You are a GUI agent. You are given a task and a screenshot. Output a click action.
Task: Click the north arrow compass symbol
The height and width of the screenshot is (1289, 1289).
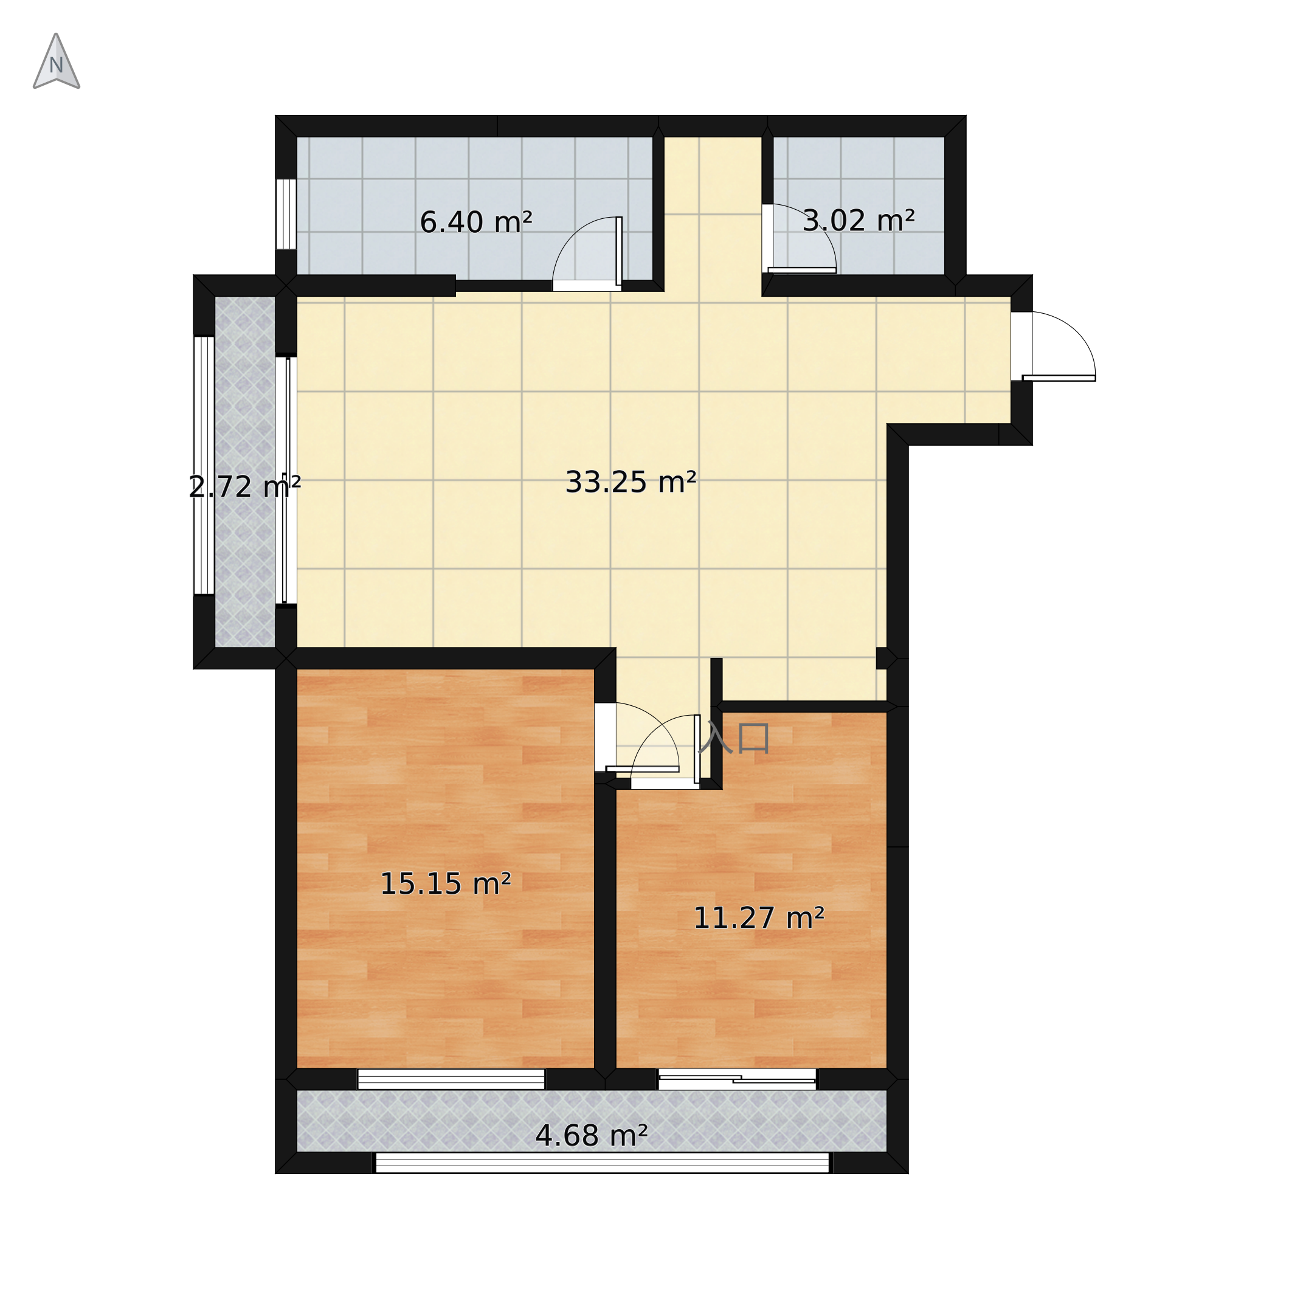click(x=57, y=61)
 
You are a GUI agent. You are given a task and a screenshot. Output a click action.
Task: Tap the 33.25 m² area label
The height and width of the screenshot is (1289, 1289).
click(x=631, y=482)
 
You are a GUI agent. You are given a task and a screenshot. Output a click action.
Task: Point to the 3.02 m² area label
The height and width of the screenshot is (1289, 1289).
click(x=858, y=221)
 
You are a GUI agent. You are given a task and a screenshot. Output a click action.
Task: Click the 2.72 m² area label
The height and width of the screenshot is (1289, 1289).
click(x=245, y=487)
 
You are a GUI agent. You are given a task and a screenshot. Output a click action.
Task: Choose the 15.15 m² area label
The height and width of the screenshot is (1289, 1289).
click(x=446, y=884)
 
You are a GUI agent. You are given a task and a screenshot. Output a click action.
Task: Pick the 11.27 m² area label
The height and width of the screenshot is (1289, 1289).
click(x=759, y=919)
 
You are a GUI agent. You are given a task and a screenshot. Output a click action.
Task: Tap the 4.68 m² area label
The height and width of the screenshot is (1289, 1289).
click(x=591, y=1136)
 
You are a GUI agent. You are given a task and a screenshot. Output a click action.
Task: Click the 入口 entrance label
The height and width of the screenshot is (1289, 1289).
click(x=734, y=739)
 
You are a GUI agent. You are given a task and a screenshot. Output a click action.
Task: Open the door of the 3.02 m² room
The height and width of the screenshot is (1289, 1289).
click(x=798, y=238)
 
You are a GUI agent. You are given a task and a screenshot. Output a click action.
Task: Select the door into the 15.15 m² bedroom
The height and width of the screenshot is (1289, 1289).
click(x=637, y=738)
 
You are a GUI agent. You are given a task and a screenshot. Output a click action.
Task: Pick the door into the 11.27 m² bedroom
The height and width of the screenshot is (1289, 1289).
click(x=666, y=752)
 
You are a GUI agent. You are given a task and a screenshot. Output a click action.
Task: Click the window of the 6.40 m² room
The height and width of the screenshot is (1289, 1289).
click(x=286, y=214)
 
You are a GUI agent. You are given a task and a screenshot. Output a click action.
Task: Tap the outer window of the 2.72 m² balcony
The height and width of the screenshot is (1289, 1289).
click(x=204, y=465)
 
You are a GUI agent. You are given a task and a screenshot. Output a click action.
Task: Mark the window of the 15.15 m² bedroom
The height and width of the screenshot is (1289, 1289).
click(x=451, y=1079)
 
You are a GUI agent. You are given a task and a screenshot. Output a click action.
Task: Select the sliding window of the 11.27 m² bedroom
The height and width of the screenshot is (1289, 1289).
click(x=738, y=1079)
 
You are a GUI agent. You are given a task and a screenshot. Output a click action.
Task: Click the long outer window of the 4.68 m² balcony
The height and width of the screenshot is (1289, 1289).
click(x=603, y=1163)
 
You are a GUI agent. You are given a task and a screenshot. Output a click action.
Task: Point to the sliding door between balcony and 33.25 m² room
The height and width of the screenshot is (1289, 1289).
click(x=287, y=480)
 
